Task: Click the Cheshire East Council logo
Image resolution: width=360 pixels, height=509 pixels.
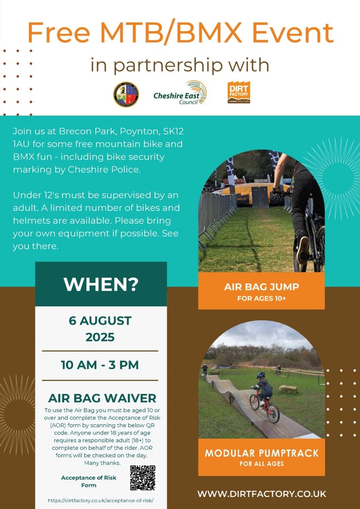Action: tap(180, 93)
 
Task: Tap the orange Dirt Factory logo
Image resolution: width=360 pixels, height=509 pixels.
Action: tap(239, 92)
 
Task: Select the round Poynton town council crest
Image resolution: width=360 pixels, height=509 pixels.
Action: tap(126, 95)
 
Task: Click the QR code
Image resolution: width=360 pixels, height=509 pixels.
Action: tap(143, 478)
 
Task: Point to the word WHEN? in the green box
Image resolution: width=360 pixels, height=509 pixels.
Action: tap(101, 284)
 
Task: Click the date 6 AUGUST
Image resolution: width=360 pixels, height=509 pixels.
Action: tap(100, 321)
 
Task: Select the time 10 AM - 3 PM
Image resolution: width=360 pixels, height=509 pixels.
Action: tap(100, 365)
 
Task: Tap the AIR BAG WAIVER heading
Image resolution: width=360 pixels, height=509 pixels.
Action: tap(102, 398)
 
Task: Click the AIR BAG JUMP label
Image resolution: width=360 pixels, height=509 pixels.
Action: tap(262, 286)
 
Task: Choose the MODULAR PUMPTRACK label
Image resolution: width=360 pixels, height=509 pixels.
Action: tap(262, 453)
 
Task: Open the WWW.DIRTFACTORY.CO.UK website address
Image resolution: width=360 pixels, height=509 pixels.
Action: tap(262, 494)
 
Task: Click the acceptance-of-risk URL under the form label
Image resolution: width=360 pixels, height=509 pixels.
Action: tap(101, 501)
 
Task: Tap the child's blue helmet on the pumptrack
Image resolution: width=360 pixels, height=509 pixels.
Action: tap(261, 375)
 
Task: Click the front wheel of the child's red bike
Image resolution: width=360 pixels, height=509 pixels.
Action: tap(272, 413)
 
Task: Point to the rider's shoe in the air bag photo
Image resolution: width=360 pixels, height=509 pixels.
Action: tap(303, 250)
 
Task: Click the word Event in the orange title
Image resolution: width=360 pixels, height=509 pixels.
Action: tap(293, 32)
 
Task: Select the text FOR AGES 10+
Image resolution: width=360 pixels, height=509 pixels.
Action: tap(262, 299)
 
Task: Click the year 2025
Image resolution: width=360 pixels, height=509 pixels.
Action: tap(100, 337)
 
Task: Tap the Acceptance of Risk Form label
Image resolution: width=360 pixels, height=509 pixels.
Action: tap(89, 482)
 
